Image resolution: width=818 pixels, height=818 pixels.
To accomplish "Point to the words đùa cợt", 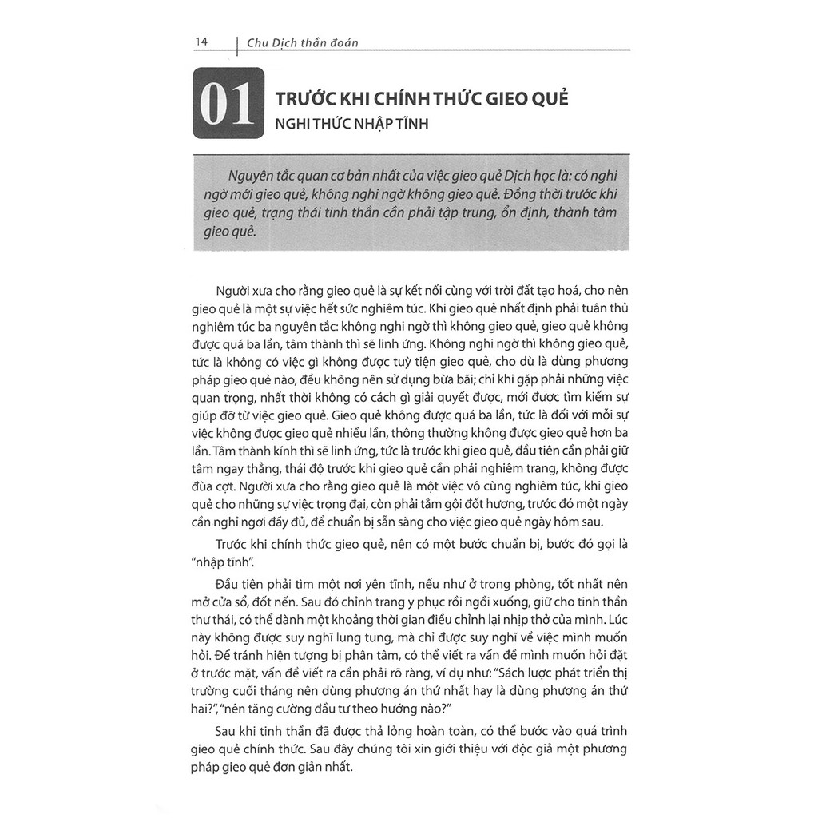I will pos(220,486).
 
